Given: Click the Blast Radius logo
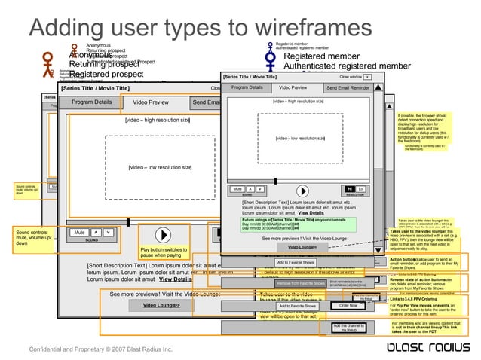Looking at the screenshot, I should [x=419, y=347].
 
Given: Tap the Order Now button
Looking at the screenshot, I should [x=348, y=306].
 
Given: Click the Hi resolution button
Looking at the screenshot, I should [x=349, y=189].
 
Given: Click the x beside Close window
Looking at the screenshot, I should [x=366, y=77].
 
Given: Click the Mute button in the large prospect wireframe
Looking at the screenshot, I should [x=78, y=233].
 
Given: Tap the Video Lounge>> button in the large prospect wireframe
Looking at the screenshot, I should [x=161, y=305].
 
